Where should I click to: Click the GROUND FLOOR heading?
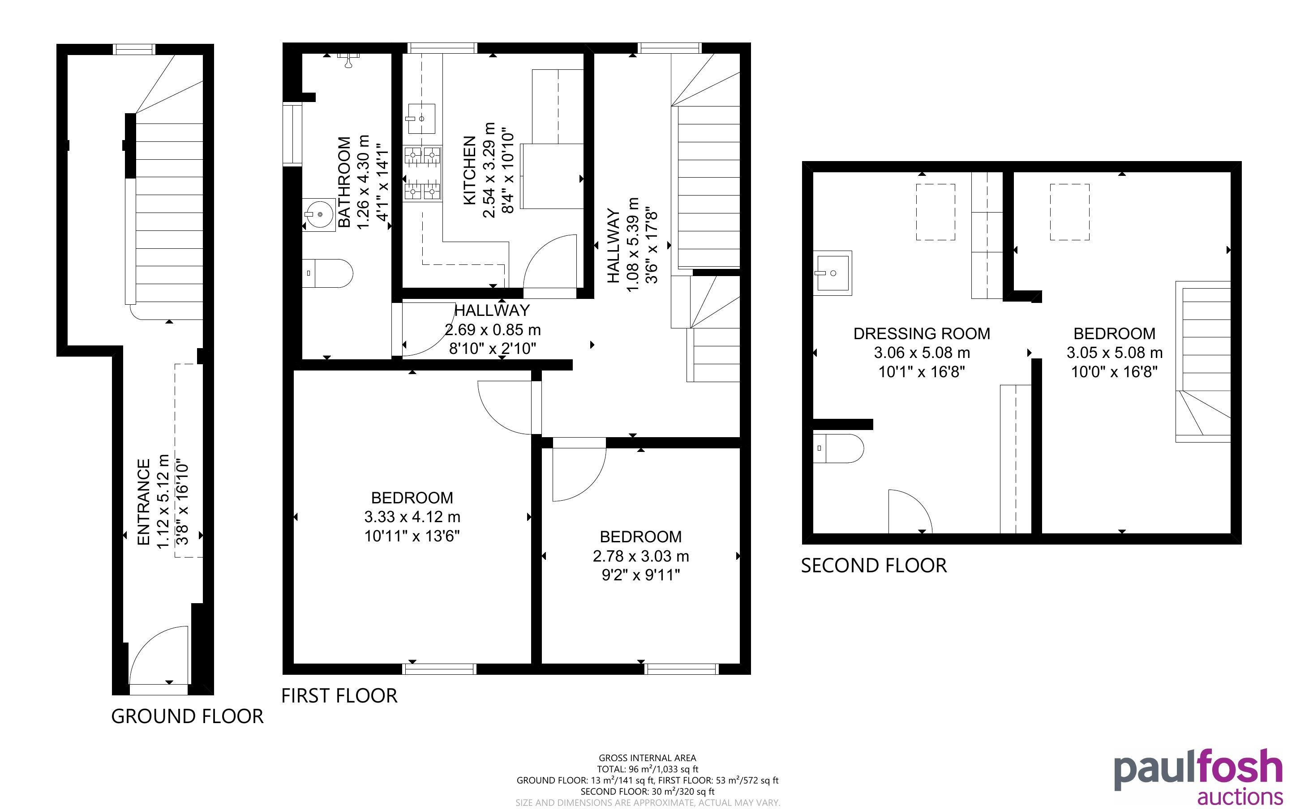187,716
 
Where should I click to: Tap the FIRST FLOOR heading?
339,695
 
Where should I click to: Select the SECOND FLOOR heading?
874,566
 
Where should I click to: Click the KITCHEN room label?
469,170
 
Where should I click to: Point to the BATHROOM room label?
345,182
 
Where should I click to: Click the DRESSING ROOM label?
921,333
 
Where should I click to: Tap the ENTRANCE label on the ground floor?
143,502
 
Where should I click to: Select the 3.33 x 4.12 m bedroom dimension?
412,517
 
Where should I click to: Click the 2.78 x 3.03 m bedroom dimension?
641,556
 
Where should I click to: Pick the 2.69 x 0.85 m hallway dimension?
493,330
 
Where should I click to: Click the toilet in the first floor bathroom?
327,273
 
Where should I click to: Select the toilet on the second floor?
838,448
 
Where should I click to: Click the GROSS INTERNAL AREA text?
647,758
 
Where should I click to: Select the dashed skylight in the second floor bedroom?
1069,212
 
